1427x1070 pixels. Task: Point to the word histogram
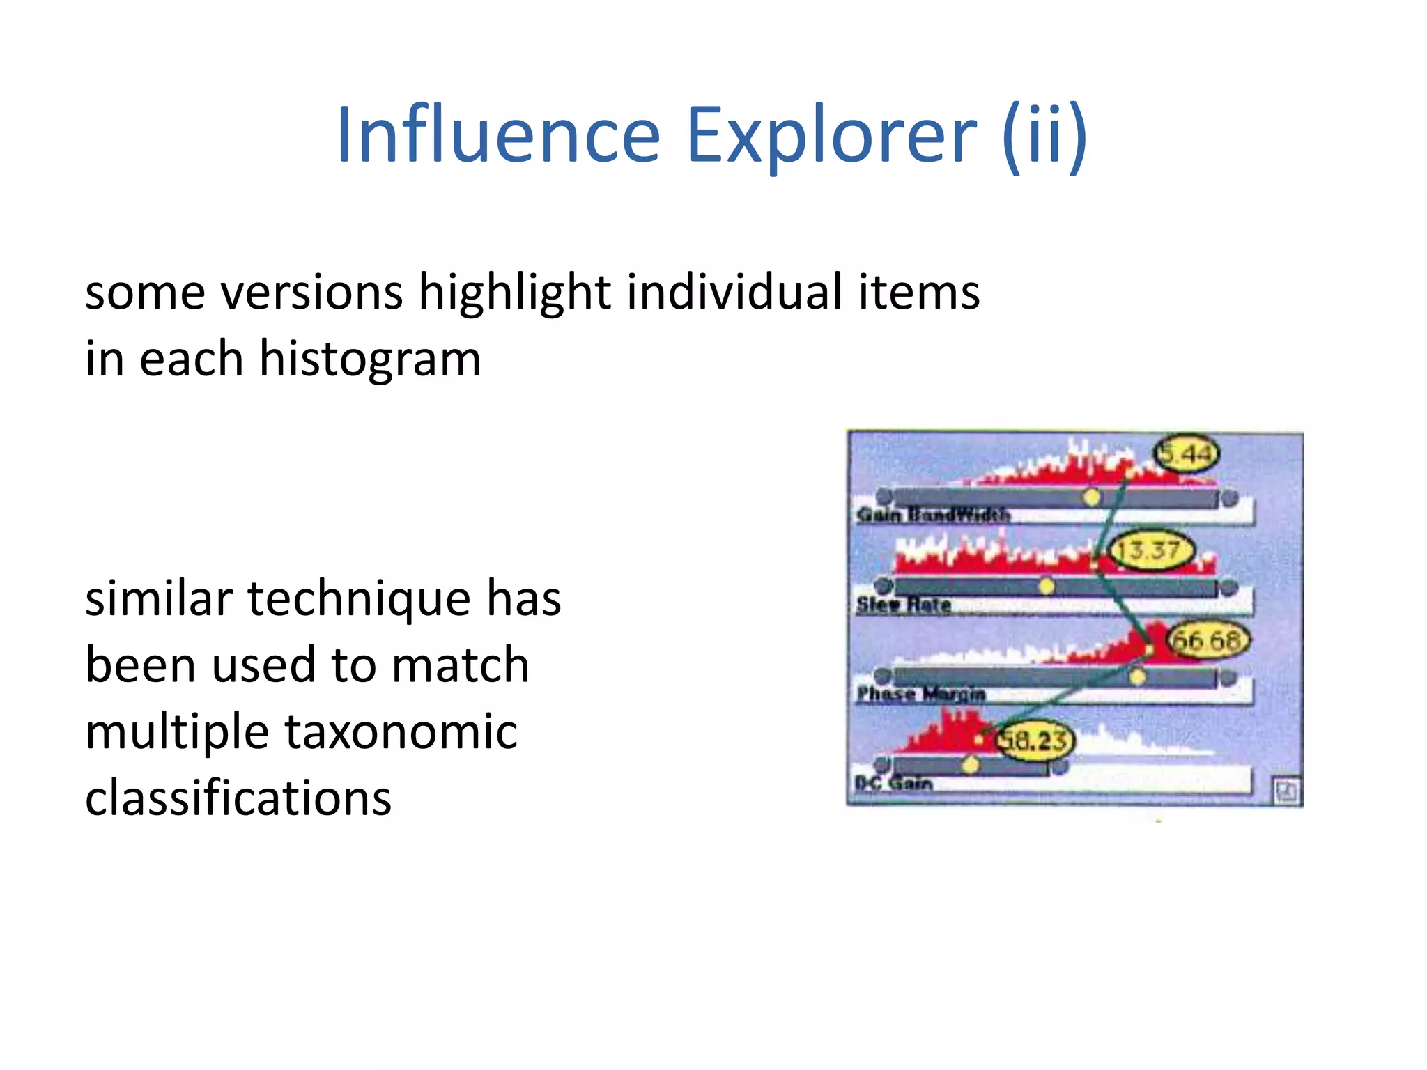(369, 359)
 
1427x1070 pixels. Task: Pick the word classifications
(238, 798)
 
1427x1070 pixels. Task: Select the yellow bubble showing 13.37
(1150, 550)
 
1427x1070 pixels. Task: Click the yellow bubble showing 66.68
(1208, 639)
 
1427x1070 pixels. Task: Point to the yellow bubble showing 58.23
(1033, 740)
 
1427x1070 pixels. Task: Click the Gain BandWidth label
(933, 515)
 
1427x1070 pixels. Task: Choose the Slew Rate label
(904, 605)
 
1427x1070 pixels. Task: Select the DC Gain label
(894, 783)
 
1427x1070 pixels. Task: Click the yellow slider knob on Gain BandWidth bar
(1092, 497)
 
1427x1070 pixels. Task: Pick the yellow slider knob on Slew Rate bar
(1047, 587)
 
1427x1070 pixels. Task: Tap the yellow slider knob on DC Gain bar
(971, 766)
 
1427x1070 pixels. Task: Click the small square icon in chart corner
(1286, 791)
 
